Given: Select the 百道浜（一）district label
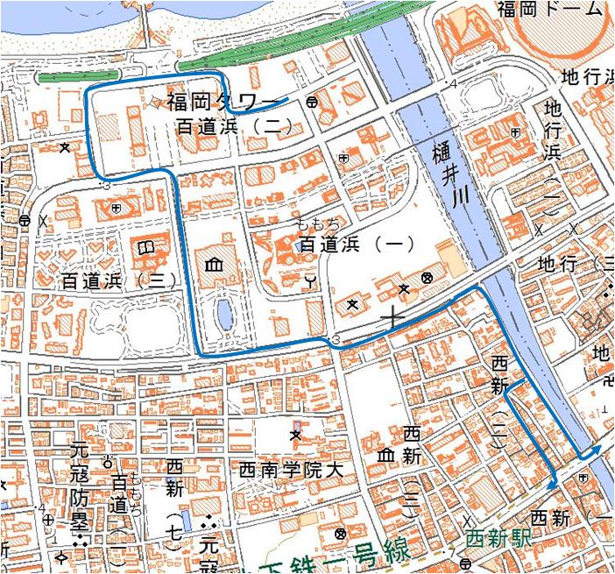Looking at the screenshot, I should point(357,244).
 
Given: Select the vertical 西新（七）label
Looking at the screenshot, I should point(174,505).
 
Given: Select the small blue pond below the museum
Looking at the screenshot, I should point(223,310).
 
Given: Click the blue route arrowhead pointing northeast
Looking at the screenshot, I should point(596,448).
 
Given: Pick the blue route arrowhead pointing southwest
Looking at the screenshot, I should point(552,482).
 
